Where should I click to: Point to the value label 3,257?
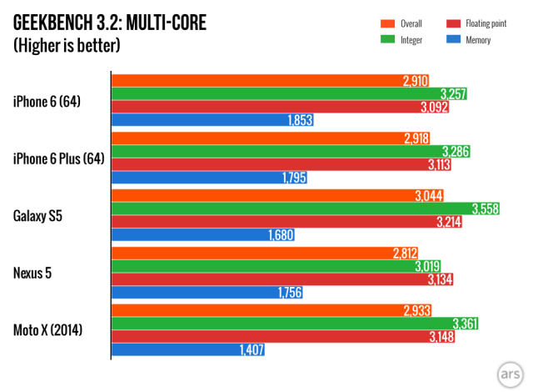pyautogui.click(x=452, y=93)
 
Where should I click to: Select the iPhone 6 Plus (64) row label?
pyautogui.click(x=58, y=158)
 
